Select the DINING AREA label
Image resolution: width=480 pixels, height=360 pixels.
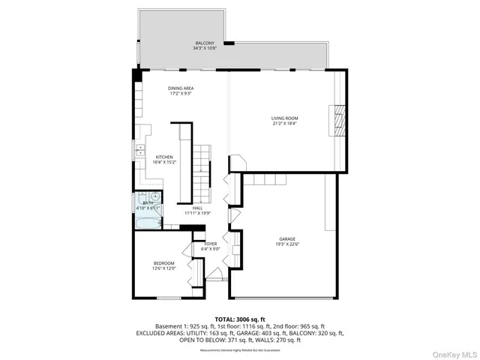click(x=180, y=88)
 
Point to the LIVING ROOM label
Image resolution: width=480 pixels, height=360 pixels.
click(x=284, y=118)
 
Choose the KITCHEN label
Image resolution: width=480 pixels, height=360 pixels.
click(x=164, y=157)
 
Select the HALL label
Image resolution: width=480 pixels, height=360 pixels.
click(x=198, y=208)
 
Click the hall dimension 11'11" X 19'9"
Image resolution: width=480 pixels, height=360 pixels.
click(x=198, y=214)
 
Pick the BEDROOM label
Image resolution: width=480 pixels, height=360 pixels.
click(x=164, y=262)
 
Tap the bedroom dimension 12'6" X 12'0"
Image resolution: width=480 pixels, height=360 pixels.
click(x=164, y=268)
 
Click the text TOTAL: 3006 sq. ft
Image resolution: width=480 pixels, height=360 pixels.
click(x=240, y=319)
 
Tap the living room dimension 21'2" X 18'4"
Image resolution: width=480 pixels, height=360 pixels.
click(x=284, y=124)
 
